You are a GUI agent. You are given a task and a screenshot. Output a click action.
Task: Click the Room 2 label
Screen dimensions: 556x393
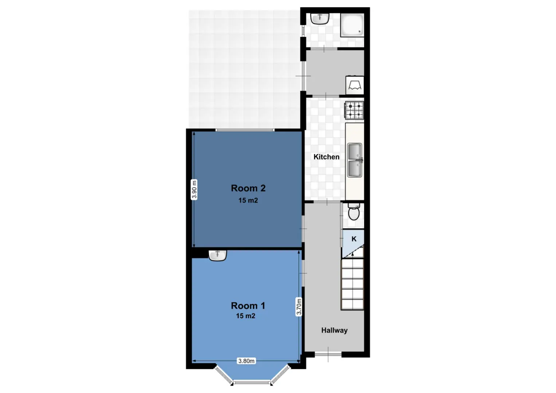pyautogui.click(x=248, y=188)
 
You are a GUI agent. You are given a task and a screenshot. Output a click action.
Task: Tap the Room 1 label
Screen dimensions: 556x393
pyautogui.click(x=248, y=306)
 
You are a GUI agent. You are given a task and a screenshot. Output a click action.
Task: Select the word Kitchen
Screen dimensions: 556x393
pyautogui.click(x=326, y=157)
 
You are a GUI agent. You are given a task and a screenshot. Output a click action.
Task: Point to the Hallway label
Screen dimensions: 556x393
pyautogui.click(x=334, y=330)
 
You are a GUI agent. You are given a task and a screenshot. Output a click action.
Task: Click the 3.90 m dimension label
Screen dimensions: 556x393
pyautogui.click(x=194, y=190)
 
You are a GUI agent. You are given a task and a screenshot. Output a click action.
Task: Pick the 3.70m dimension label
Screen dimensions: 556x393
pyautogui.click(x=299, y=306)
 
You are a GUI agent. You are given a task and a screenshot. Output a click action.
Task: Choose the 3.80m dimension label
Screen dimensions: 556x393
pyautogui.click(x=246, y=361)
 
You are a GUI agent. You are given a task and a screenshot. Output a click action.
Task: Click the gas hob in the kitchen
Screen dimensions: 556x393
pyautogui.click(x=354, y=110)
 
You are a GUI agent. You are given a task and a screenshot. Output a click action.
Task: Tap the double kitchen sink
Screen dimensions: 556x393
pyautogui.click(x=355, y=160)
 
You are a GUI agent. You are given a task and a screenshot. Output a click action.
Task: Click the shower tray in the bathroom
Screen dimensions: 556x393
pyautogui.click(x=352, y=25)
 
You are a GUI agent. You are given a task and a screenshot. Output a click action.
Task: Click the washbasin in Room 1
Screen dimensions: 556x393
pyautogui.click(x=217, y=255)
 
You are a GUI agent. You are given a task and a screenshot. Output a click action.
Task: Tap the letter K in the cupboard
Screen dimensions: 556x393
pyautogui.click(x=354, y=239)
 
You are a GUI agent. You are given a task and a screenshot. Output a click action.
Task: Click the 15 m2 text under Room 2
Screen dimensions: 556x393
pyautogui.click(x=248, y=201)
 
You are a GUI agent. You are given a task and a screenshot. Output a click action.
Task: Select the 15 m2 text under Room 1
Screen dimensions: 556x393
pyautogui.click(x=246, y=316)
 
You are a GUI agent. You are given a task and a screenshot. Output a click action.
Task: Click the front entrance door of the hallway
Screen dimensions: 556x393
pyautogui.click(x=328, y=354)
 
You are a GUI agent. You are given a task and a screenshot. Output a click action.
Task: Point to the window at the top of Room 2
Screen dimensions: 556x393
pyautogui.click(x=245, y=130)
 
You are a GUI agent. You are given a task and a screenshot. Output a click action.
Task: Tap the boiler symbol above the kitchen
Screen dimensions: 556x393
pyautogui.click(x=355, y=85)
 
